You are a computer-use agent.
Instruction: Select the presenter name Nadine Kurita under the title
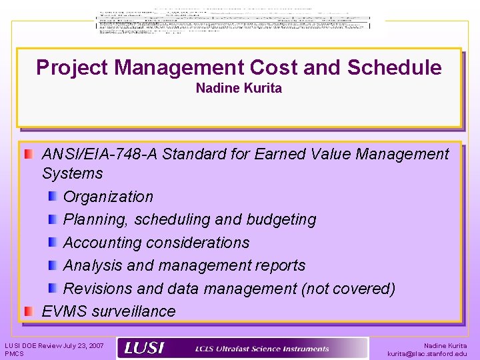(239, 88)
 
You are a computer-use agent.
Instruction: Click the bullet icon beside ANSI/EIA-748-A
(29, 155)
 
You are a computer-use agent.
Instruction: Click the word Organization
(108, 197)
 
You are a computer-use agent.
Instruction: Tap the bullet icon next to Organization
(53, 197)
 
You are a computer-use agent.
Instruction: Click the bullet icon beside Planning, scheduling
(53, 219)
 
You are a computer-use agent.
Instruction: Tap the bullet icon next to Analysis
(53, 265)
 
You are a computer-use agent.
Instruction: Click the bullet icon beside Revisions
(53, 289)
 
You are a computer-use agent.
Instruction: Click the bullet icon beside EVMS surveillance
(29, 311)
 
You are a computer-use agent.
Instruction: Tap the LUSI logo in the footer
(145, 348)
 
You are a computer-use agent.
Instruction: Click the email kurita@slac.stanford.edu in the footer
(427, 354)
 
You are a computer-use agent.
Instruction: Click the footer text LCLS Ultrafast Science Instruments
(262, 349)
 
